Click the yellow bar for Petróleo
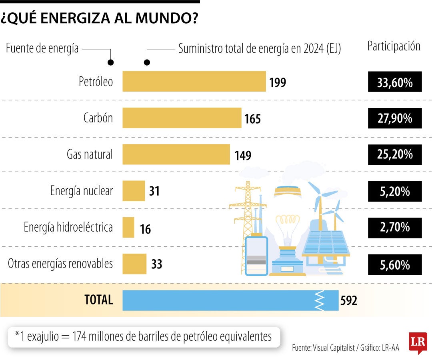click(x=194, y=81)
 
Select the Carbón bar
click(x=182, y=118)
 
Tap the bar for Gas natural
click(x=176, y=154)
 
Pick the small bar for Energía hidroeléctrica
click(x=128, y=227)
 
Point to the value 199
click(x=278, y=83)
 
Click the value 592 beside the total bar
click(x=348, y=301)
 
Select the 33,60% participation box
click(x=395, y=82)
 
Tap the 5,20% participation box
click(x=395, y=191)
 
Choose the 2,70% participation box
click(x=395, y=228)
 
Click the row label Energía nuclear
click(x=81, y=191)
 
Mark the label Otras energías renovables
click(x=60, y=264)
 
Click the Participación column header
click(x=394, y=46)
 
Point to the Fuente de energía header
click(x=42, y=49)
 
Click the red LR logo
click(x=418, y=342)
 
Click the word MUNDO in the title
click(x=168, y=18)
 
